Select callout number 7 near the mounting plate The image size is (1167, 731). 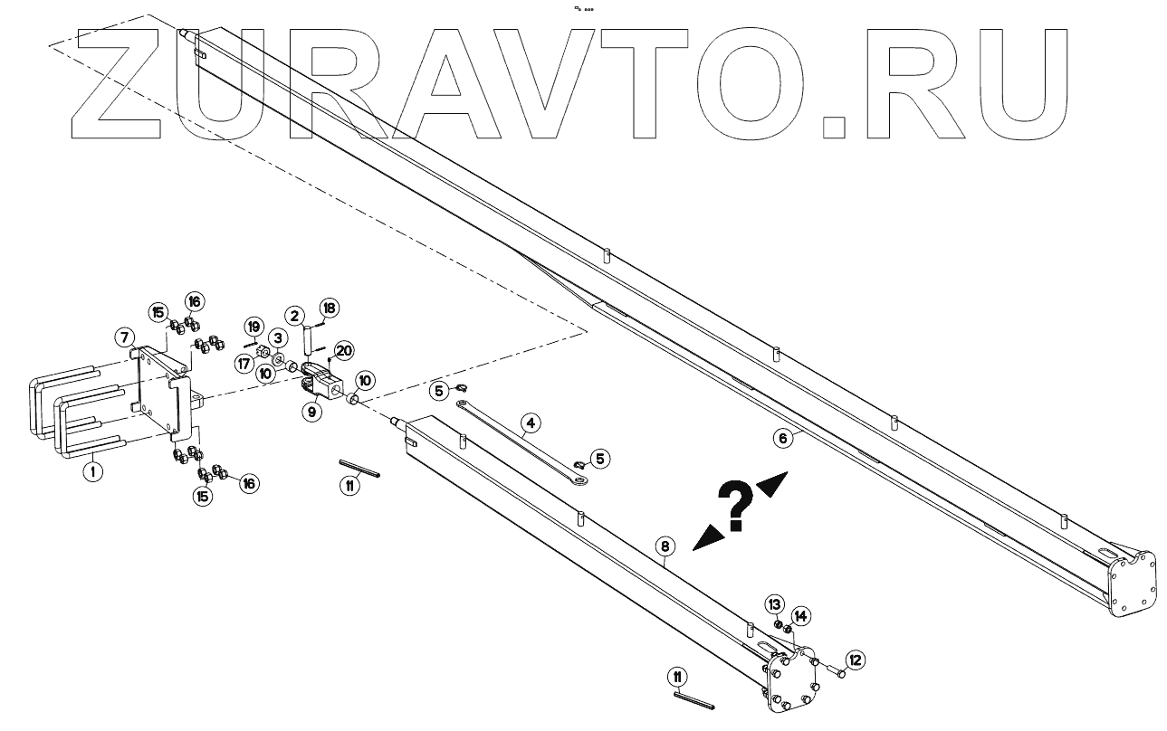126,337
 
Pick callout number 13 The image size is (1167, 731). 775,603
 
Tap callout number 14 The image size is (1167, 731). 800,615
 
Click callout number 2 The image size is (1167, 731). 295,316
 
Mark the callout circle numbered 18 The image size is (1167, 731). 329,309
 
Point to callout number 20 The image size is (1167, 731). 343,350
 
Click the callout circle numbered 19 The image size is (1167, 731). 253,326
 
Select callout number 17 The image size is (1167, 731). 243,363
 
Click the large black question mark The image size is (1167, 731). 736,504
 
